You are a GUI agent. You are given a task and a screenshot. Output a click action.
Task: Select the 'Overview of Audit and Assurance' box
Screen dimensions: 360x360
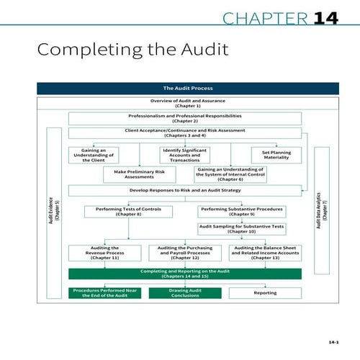click(x=176, y=103)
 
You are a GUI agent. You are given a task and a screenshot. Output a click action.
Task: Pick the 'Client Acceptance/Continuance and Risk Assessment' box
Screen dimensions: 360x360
click(x=185, y=133)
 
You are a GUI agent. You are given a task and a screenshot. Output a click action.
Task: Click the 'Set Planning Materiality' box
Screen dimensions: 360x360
click(x=276, y=154)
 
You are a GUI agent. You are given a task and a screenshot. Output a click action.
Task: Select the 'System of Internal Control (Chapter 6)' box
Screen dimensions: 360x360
click(x=231, y=174)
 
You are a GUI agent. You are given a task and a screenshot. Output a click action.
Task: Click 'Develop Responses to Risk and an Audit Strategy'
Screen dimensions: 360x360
click(x=185, y=191)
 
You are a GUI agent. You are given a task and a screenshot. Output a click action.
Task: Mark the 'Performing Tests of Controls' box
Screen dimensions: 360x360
click(x=128, y=212)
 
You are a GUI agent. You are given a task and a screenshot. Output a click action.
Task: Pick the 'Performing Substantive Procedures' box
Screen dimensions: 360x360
click(x=241, y=212)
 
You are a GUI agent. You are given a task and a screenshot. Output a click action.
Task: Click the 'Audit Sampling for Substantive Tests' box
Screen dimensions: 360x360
click(x=241, y=229)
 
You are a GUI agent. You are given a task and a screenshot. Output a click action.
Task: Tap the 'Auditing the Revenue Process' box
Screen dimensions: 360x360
click(x=105, y=253)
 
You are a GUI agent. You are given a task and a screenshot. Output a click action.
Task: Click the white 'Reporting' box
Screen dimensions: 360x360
click(x=265, y=293)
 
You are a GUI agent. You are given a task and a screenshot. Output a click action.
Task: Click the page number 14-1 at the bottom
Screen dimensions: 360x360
click(x=333, y=341)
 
